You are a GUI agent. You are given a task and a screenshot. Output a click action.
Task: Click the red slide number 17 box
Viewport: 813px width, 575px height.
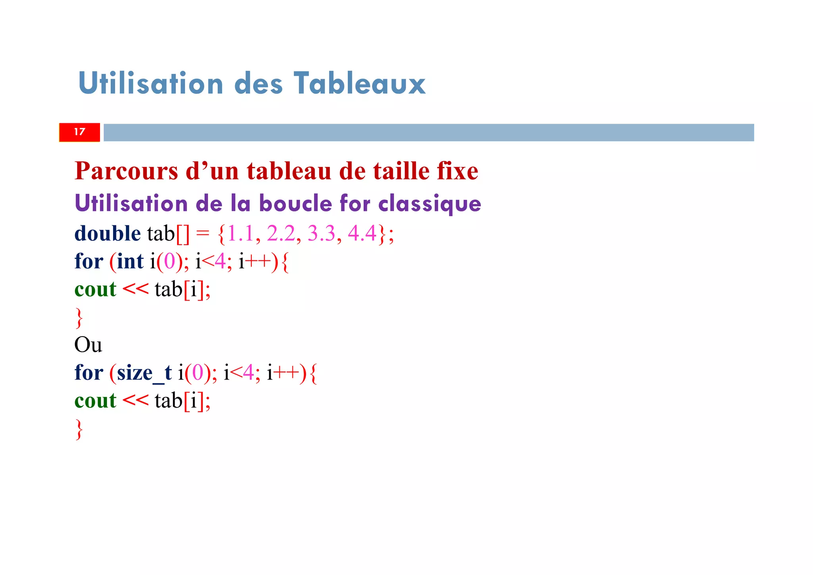point(79,132)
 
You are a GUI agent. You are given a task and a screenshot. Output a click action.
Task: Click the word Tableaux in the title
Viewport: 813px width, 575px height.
point(359,83)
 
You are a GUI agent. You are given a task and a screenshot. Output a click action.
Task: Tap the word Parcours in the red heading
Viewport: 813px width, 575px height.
point(126,171)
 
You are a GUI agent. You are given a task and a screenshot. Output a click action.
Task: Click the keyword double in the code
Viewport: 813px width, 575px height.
point(107,233)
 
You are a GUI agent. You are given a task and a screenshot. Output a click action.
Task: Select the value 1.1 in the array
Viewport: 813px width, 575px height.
point(240,233)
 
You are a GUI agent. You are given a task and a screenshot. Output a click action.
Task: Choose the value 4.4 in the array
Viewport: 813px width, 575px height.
point(362,233)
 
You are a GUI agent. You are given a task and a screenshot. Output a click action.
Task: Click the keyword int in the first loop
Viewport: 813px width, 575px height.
point(130,261)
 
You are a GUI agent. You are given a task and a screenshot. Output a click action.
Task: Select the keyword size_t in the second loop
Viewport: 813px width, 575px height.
point(144,373)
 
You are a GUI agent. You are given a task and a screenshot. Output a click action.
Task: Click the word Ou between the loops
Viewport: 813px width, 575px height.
point(88,345)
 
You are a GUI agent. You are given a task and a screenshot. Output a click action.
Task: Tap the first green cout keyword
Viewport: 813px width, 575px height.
point(95,289)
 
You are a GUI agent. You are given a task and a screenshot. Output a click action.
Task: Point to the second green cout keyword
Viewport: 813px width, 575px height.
point(95,401)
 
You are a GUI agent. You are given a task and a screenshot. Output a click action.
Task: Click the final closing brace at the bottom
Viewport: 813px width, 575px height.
point(79,430)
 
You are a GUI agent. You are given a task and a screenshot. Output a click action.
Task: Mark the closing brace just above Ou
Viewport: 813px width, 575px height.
point(79,318)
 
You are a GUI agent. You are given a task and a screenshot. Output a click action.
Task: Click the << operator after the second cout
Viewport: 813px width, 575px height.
point(135,401)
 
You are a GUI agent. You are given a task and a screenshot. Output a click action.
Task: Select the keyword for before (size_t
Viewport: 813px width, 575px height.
point(89,373)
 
